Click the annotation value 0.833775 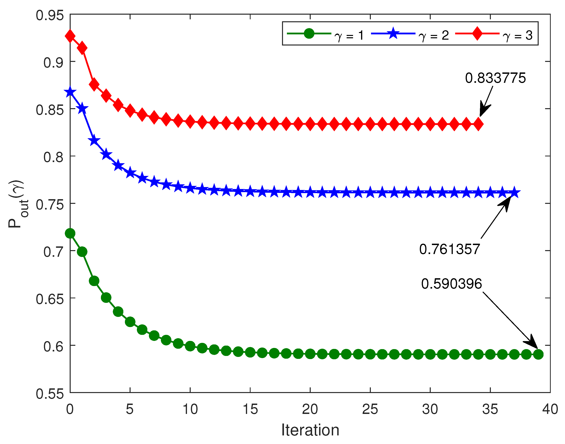click(x=495, y=78)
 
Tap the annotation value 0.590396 click(x=451, y=284)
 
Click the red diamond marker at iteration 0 click(x=70, y=36)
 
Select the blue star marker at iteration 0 click(x=70, y=92)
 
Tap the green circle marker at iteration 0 click(x=70, y=234)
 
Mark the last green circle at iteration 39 click(x=538, y=354)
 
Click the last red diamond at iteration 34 click(x=478, y=124)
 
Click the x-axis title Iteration click(x=310, y=430)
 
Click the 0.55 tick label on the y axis click(x=49, y=394)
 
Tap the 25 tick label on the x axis click(x=370, y=409)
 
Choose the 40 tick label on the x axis click(x=550, y=409)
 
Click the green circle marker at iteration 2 click(x=94, y=281)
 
